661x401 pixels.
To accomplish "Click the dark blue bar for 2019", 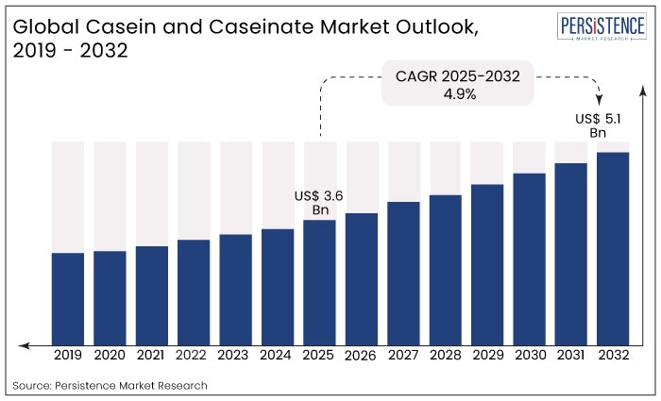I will [68, 297].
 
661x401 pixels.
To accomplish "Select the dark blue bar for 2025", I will [319, 281].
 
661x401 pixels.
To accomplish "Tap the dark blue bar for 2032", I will [613, 247].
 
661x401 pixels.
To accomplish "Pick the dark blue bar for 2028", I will [446, 269].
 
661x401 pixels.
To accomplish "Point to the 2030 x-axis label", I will [529, 356].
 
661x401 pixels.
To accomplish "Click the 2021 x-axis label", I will [152, 356].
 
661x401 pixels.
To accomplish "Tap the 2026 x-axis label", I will [362, 357].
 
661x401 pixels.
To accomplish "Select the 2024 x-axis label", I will [278, 356].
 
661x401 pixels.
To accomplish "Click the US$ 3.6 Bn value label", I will [318, 202].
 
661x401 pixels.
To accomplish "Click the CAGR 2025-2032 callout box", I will [458, 84].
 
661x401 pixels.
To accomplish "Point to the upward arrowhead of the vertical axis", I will [643, 89].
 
